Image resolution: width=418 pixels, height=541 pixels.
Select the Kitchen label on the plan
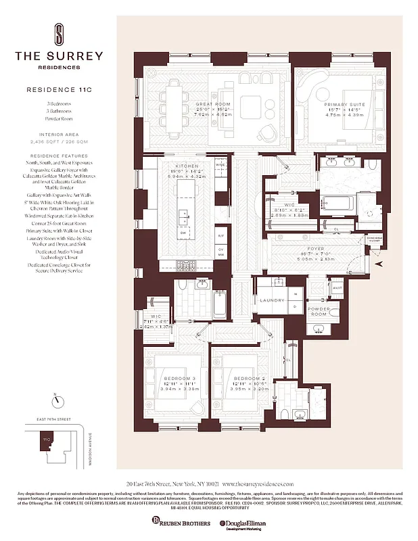point(187,166)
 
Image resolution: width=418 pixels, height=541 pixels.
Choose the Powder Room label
point(319,312)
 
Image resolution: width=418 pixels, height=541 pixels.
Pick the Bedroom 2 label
point(243,379)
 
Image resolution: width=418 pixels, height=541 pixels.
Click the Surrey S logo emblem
point(60,33)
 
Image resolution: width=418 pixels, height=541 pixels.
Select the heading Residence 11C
point(60,89)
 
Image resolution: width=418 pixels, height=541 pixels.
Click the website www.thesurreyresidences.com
point(258,484)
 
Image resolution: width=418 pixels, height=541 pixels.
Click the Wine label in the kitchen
point(219,164)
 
